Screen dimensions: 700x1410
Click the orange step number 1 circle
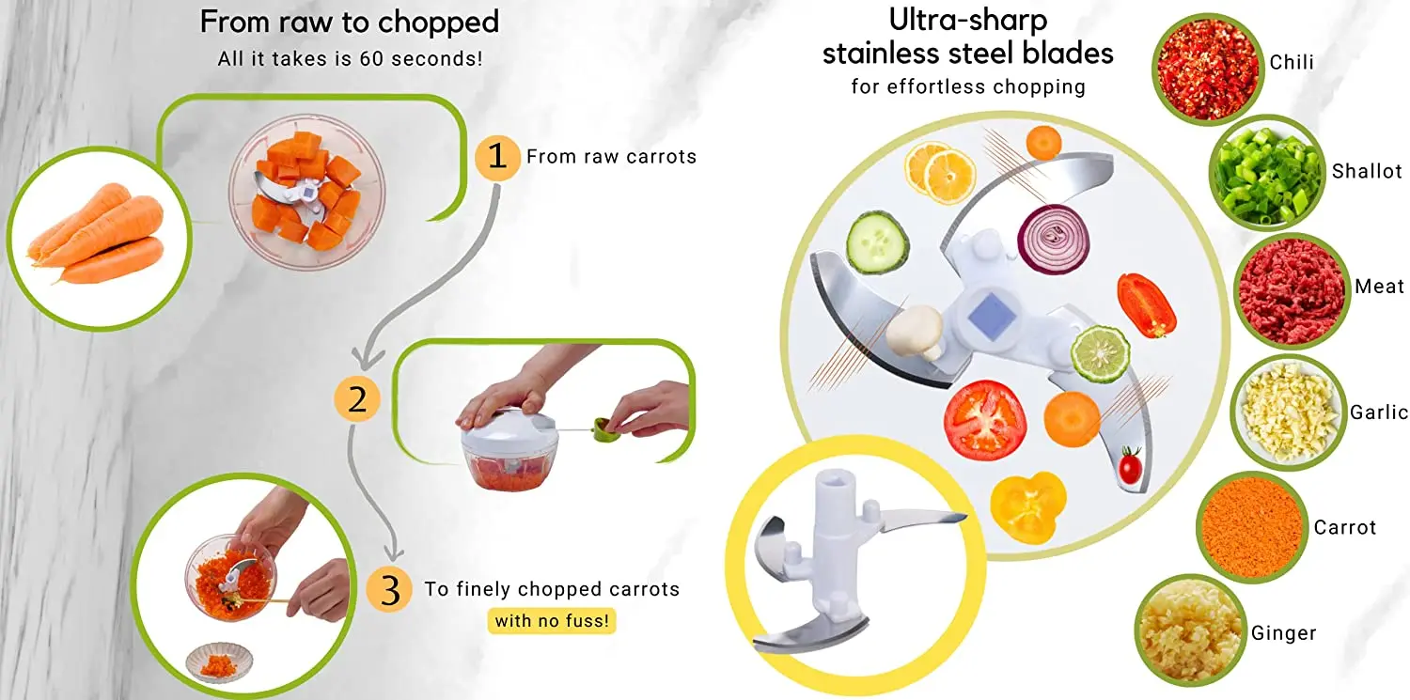click(x=496, y=157)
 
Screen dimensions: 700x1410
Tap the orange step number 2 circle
click(x=357, y=399)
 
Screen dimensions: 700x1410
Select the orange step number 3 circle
click(x=390, y=590)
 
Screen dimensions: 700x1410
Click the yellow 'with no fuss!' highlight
click(x=552, y=620)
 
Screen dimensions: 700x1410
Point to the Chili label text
click(x=1292, y=63)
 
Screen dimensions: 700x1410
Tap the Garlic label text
click(x=1379, y=412)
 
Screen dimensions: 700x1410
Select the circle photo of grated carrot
click(x=1252, y=527)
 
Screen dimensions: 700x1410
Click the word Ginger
click(x=1283, y=633)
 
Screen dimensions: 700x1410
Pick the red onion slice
click(x=1053, y=239)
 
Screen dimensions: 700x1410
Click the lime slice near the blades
click(x=1100, y=353)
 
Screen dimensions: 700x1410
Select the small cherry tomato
click(x=1129, y=464)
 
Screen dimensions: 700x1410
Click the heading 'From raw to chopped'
click(x=350, y=23)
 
